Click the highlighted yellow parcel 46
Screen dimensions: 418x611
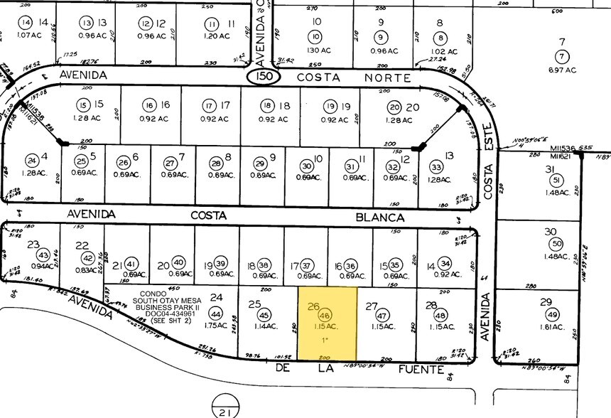pyautogui.click(x=327, y=323)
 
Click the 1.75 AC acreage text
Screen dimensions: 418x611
pyautogui.click(x=217, y=326)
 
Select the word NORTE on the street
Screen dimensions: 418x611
pyautogui.click(x=393, y=75)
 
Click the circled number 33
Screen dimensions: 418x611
pyautogui.click(x=436, y=168)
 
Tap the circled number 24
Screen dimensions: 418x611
pyautogui.click(x=31, y=160)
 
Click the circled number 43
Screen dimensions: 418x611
pyautogui.click(x=43, y=255)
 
